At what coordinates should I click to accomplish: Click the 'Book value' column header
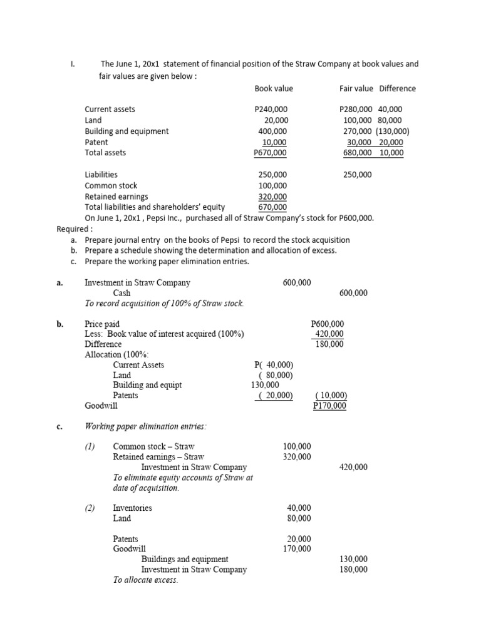click(274, 88)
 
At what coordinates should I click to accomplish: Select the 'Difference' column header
click(397, 88)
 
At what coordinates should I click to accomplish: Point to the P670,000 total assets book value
click(271, 153)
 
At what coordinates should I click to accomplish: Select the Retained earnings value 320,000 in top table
click(273, 197)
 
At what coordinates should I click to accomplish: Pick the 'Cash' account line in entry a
click(122, 293)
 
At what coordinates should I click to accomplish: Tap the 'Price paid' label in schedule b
click(102, 324)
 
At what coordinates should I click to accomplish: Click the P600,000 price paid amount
click(327, 324)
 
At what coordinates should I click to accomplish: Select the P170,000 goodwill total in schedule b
click(329, 406)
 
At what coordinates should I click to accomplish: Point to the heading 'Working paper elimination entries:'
click(145, 426)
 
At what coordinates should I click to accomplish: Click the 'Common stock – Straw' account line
click(153, 446)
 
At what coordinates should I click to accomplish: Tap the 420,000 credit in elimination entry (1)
click(353, 467)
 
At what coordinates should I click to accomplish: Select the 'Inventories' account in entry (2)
click(132, 508)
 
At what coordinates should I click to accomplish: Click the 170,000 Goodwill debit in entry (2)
click(296, 549)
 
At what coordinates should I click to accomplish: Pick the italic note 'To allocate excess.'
click(145, 580)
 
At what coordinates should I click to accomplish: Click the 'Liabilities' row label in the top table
click(101, 175)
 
